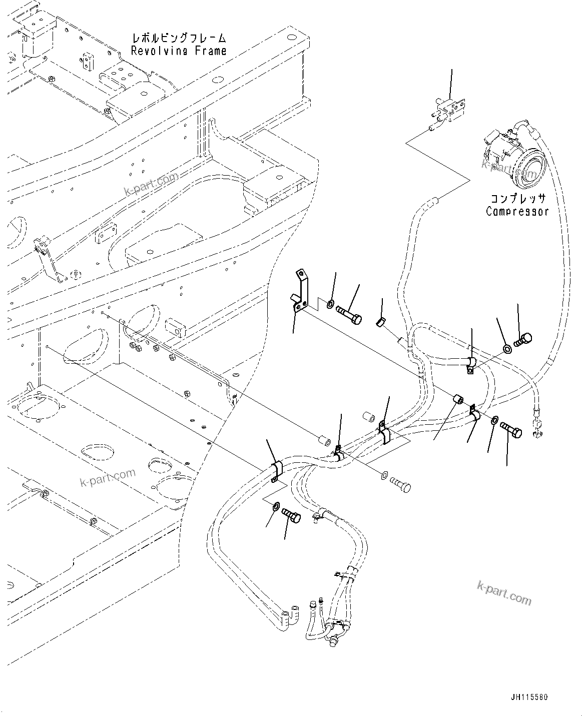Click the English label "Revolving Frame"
[x=179, y=51]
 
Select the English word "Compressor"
[x=517, y=211]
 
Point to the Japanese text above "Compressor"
[x=517, y=199]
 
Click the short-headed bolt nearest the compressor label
[x=524, y=342]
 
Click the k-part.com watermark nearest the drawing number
[x=504, y=596]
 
